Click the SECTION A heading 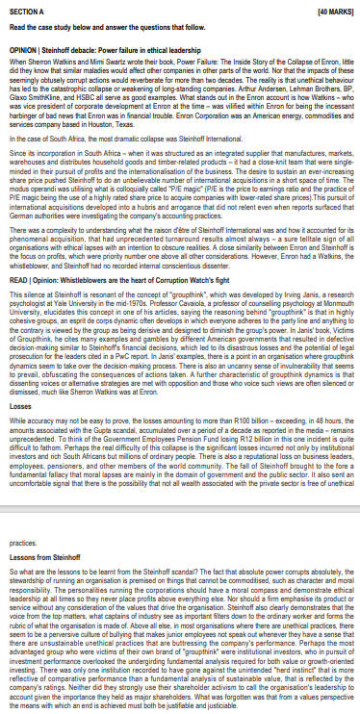tap(21, 9)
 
